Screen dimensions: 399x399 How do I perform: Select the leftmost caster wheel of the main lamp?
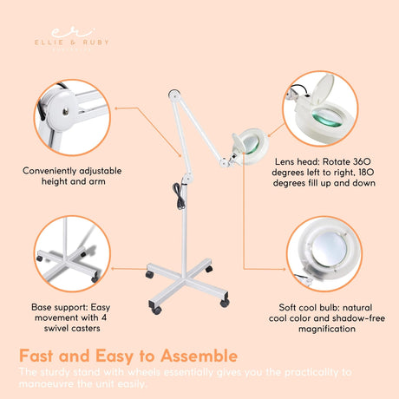pos(148,275)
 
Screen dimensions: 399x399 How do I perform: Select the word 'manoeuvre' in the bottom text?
pos(55,385)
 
